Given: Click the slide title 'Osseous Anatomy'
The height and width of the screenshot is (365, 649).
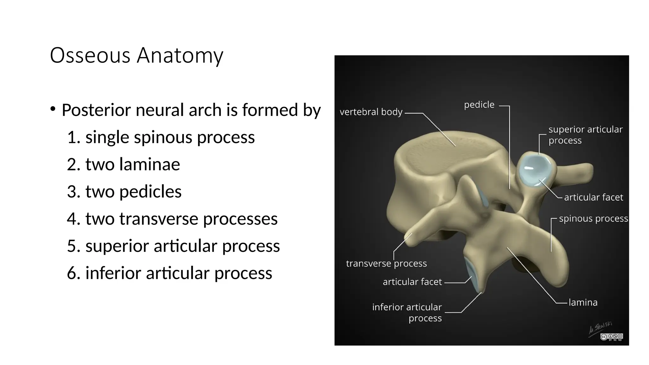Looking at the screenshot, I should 137,55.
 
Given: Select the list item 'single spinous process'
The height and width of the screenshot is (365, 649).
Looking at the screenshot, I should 170,137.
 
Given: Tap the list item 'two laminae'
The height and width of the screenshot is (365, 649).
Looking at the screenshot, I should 132,164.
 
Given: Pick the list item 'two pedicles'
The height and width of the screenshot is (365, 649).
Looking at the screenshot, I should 133,192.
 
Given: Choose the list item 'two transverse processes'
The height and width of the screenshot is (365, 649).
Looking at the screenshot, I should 181,219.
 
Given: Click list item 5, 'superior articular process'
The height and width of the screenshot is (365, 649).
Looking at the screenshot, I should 183,246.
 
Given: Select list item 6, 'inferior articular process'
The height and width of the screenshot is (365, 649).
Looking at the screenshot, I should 179,273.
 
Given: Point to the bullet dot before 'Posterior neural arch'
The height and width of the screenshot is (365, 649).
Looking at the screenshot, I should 53,109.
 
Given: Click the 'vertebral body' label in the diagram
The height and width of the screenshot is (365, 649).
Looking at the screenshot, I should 371,112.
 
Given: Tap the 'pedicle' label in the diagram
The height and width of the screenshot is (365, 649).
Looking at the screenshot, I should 479,105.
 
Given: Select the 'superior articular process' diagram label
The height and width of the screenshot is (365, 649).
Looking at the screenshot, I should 585,135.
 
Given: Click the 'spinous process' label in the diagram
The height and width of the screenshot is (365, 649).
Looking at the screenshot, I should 593,219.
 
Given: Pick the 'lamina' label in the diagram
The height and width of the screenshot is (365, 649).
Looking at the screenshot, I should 583,303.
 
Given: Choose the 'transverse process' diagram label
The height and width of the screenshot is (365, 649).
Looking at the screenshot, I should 386,264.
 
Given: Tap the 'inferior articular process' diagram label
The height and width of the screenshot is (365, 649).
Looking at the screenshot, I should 407,312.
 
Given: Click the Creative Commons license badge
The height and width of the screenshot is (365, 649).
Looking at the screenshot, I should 611,337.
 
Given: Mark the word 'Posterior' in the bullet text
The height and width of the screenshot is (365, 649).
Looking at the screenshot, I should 96,110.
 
